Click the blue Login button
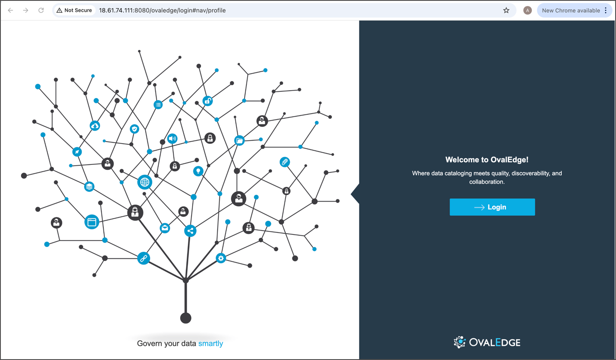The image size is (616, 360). click(492, 207)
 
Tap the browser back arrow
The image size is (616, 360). click(10, 10)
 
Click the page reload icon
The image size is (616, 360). click(41, 10)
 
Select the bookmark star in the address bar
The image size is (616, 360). click(506, 10)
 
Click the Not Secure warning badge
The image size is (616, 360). click(74, 10)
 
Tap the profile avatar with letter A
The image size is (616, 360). click(527, 10)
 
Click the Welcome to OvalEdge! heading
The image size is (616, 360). click(487, 160)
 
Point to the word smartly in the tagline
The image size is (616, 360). click(210, 343)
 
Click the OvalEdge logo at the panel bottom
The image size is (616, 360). click(487, 342)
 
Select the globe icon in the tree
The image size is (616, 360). click(145, 182)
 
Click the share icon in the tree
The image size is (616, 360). click(190, 231)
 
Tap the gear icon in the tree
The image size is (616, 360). click(221, 258)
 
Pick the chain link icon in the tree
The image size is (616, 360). click(143, 258)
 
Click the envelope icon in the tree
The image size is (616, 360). click(165, 228)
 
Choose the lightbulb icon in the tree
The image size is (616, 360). click(198, 171)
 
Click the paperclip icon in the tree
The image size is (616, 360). click(285, 162)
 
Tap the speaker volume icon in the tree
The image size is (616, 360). click(172, 139)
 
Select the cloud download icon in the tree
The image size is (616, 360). click(95, 126)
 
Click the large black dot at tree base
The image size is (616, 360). click(186, 318)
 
